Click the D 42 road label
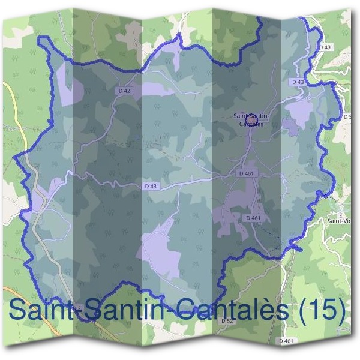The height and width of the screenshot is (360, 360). click(124, 90)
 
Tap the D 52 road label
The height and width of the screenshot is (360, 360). click(226, 321)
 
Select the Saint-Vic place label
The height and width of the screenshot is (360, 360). click(339, 221)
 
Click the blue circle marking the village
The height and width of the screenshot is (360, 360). click(251, 120)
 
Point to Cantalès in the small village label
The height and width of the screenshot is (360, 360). click(251, 124)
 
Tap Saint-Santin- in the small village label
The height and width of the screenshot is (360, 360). click(251, 116)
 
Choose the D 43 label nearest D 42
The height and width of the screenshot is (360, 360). click(151, 187)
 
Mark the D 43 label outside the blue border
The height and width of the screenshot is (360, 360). click(325, 46)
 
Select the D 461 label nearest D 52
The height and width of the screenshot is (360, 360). click(287, 341)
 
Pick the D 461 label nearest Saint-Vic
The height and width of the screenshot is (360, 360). click(253, 218)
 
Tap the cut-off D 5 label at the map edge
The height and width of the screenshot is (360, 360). click(346, 116)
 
